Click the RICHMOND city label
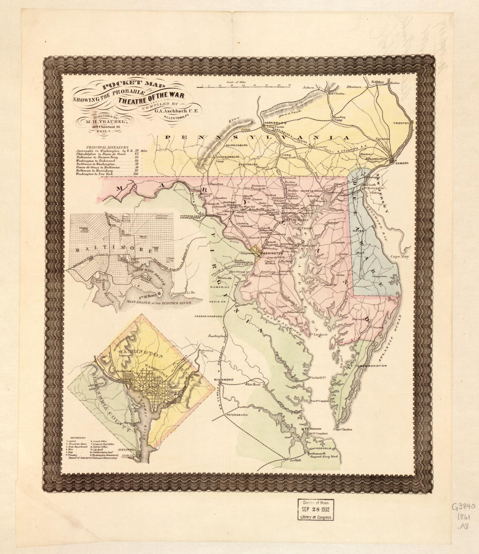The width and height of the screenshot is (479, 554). coord(224,380)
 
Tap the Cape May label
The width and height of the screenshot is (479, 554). coord(399,257)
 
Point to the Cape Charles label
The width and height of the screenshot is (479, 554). coord(343,429)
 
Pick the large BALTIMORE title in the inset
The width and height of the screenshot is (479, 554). coord(113,251)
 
